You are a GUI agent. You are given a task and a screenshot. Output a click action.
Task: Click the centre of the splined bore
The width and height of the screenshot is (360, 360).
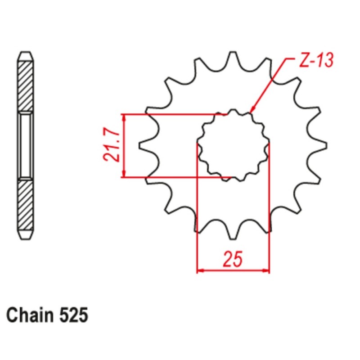[x=233, y=145]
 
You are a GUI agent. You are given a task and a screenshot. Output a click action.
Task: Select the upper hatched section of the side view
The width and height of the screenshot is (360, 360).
[x=26, y=85]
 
